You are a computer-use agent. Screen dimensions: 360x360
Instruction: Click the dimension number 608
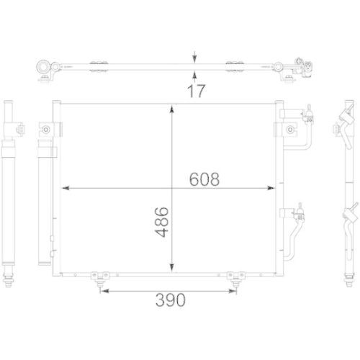coord(204,179)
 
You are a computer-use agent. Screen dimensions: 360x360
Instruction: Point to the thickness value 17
coord(194,91)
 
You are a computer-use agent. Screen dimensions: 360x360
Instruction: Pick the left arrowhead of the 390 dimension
coord(102,291)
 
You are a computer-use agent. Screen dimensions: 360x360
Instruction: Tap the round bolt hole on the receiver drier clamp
coord(45,130)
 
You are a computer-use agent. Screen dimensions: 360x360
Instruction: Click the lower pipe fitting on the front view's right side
coord(297,210)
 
